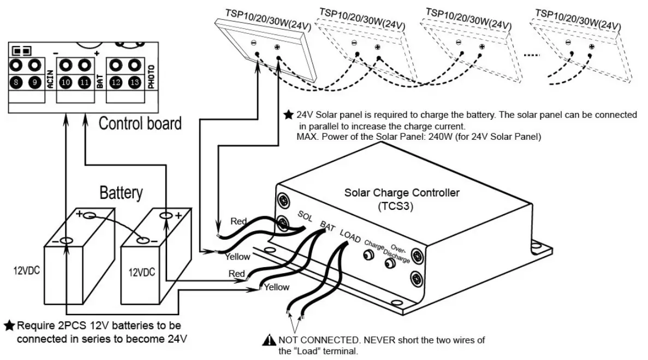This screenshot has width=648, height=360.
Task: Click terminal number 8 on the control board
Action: coord(16,83)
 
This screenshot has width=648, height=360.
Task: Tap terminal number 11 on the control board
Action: coord(84,83)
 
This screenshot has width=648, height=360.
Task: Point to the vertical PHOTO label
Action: coord(151,76)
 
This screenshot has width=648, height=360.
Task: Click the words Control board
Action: coord(140,123)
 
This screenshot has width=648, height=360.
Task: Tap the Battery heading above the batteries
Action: coord(121,192)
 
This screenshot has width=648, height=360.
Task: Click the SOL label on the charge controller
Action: coord(305,217)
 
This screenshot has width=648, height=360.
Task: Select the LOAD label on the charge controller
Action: coord(350,236)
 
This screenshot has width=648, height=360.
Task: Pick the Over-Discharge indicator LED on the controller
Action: coord(390,264)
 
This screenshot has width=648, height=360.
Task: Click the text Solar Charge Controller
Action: coord(402,193)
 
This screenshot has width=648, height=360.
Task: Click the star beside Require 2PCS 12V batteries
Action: coord(9,326)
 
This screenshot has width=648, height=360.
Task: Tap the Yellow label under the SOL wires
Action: coord(237,256)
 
